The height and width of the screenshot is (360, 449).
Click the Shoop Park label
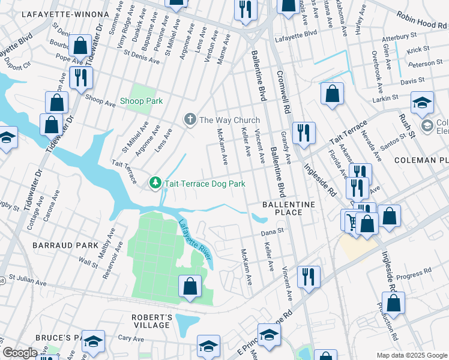[141, 101]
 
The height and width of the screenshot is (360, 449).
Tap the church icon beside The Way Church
[190, 119]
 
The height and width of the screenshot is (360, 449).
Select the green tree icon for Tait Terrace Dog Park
[155, 182]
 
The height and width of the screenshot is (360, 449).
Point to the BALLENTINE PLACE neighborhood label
[289, 209]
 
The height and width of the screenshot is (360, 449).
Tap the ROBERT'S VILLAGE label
[152, 321]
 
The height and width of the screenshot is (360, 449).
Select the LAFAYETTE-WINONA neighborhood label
[58, 14]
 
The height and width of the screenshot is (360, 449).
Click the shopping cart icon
[351, 220]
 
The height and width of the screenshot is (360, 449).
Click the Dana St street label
[271, 232]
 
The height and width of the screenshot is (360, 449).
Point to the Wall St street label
[88, 262]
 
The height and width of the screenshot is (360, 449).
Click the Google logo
[20, 353]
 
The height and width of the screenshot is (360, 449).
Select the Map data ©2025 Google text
[411, 355]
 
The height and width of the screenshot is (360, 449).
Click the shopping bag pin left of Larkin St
[332, 94]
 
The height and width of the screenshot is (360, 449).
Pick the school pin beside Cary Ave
[93, 341]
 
